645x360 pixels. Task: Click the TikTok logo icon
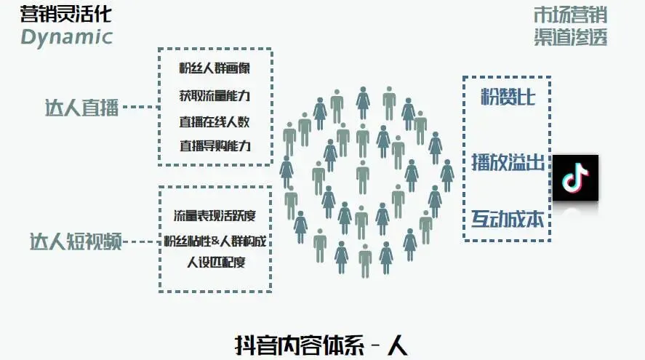(575, 177)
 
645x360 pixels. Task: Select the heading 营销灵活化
(66, 14)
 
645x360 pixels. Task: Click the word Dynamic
(66, 36)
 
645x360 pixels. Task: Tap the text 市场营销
(569, 15)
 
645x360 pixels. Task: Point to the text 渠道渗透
(569, 37)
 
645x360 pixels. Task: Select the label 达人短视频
(75, 241)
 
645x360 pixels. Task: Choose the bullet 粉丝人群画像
(215, 70)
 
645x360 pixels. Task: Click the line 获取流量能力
(215, 95)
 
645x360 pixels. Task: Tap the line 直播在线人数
(215, 121)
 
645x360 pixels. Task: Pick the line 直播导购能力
(215, 145)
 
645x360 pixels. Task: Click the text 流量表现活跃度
(215, 216)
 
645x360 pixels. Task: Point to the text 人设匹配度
(216, 261)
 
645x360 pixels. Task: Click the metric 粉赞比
(508, 97)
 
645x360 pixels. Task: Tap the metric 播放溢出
(508, 162)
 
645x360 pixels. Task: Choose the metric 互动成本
(508, 218)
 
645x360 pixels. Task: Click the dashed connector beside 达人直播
(140, 107)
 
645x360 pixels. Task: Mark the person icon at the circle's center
(362, 177)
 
